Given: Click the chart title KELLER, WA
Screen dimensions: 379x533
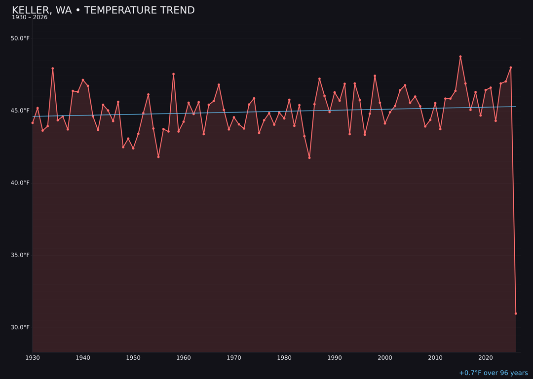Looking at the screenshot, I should click(x=103, y=10).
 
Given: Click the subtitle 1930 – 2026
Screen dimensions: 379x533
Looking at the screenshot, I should click(x=30, y=18).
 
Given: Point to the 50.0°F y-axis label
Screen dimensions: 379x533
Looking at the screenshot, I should click(x=20, y=38).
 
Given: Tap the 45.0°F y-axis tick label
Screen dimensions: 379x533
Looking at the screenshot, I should click(x=20, y=111).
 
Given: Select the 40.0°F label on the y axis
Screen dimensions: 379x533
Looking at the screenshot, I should click(x=20, y=183).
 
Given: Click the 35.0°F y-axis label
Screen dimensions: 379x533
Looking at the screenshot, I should click(x=20, y=255).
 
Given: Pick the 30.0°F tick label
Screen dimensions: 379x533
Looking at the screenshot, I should click(x=20, y=328).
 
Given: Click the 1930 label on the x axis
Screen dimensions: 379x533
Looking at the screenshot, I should click(x=33, y=358).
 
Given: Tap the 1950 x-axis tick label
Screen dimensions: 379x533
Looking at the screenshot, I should click(x=133, y=358).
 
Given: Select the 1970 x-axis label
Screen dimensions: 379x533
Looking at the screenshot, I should click(x=234, y=358).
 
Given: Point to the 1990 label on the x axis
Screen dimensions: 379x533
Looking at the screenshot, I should click(x=335, y=358).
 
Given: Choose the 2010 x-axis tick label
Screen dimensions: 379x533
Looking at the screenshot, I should click(x=435, y=358).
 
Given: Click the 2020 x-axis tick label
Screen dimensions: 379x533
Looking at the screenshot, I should click(x=486, y=358).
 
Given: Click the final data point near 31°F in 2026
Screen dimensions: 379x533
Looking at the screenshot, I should click(x=516, y=313).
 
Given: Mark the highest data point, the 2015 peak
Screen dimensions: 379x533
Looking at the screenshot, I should click(x=460, y=57).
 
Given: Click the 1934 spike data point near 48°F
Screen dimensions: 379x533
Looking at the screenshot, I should click(x=53, y=69).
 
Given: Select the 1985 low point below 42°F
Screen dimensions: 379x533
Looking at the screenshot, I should click(x=309, y=158).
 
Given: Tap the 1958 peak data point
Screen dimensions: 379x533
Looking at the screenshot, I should click(x=173, y=74).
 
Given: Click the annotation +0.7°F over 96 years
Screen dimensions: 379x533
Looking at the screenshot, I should click(x=493, y=373).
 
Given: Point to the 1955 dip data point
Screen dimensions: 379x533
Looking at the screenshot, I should click(x=158, y=157).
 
